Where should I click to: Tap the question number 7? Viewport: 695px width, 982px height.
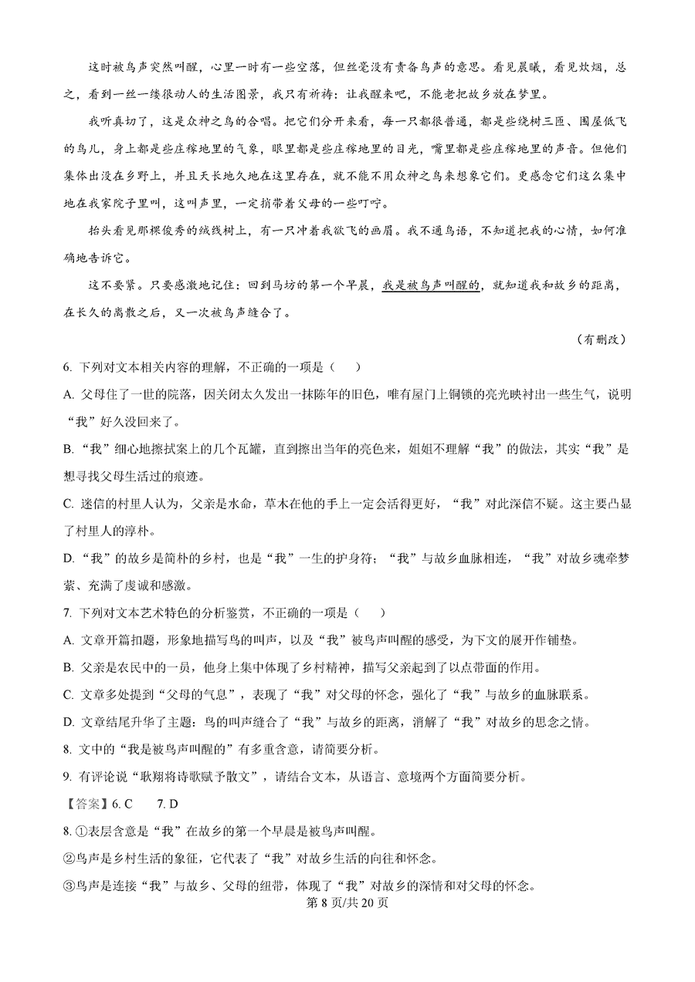(x=68, y=613)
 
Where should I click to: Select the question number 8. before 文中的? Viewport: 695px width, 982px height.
(x=68, y=748)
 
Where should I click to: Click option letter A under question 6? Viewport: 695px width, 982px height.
(x=69, y=394)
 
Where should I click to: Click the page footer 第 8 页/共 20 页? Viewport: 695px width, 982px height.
(x=347, y=903)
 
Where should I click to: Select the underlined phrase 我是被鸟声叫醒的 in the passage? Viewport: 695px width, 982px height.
(x=432, y=285)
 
